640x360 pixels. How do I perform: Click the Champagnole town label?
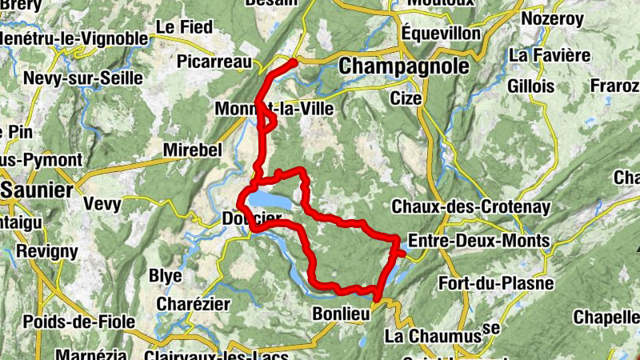[404, 67]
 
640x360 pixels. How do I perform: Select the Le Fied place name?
[184, 27]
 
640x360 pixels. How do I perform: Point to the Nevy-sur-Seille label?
[83, 78]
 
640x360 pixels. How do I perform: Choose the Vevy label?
[102, 204]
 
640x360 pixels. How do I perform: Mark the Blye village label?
[166, 276]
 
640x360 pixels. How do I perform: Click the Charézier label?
[193, 305]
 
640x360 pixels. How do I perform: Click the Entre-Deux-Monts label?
[478, 241]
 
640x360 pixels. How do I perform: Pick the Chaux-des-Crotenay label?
[471, 207]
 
